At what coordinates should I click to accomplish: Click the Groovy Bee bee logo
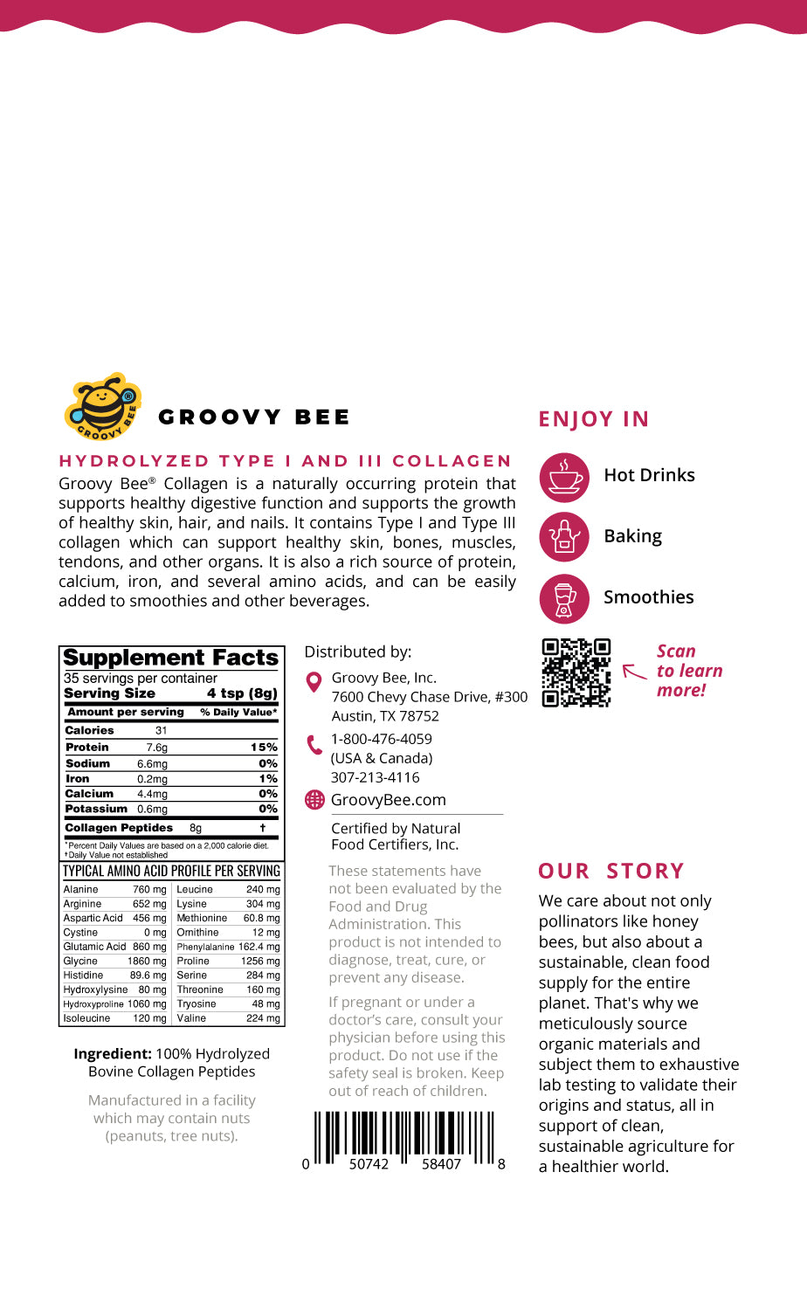click(x=103, y=406)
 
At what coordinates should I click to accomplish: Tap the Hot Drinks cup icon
click(x=564, y=477)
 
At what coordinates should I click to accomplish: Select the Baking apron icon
click(x=564, y=537)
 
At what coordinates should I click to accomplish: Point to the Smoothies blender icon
click(x=564, y=598)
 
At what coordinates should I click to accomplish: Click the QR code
click(x=576, y=672)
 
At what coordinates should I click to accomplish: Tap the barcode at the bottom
click(x=404, y=1139)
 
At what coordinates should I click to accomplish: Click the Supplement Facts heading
click(x=171, y=658)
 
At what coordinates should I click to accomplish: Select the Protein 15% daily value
click(x=264, y=748)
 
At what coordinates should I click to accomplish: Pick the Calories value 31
click(x=161, y=730)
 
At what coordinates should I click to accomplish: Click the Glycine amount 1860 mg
click(x=147, y=961)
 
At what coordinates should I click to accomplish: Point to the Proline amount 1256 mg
click(x=260, y=961)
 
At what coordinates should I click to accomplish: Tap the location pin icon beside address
click(x=314, y=681)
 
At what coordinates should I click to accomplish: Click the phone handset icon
click(x=314, y=745)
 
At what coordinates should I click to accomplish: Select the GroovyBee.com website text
click(x=388, y=800)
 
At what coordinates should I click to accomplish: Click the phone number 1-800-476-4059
click(x=381, y=739)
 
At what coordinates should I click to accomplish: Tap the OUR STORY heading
click(x=611, y=872)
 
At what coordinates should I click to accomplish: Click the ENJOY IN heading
click(x=594, y=419)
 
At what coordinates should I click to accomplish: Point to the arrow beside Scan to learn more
click(x=634, y=672)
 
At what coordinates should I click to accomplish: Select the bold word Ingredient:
click(x=113, y=1054)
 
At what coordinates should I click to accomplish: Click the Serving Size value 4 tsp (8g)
click(x=242, y=693)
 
